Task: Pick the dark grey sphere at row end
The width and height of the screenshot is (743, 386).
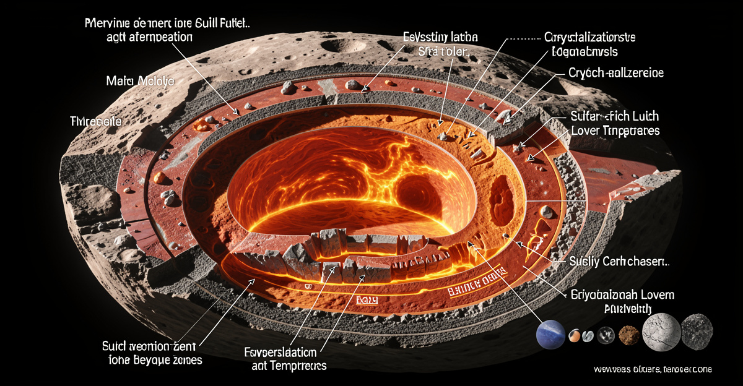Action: pos(697,330)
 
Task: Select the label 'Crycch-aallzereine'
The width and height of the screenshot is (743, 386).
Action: pos(615,73)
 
